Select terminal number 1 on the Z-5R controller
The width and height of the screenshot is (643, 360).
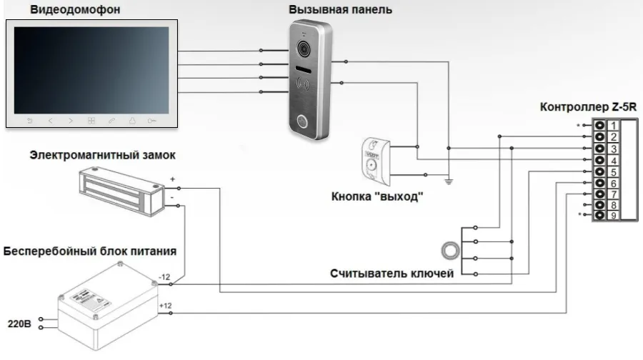pos(613,126)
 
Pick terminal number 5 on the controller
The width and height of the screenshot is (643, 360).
pos(613,172)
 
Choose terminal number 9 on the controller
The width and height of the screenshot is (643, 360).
pos(613,216)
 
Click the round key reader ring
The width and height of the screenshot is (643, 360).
pos(451,251)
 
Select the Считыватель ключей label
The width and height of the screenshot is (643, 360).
pos(391,274)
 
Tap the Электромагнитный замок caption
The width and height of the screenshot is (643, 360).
pos(102,154)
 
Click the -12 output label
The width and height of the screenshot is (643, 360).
pos(165,276)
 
